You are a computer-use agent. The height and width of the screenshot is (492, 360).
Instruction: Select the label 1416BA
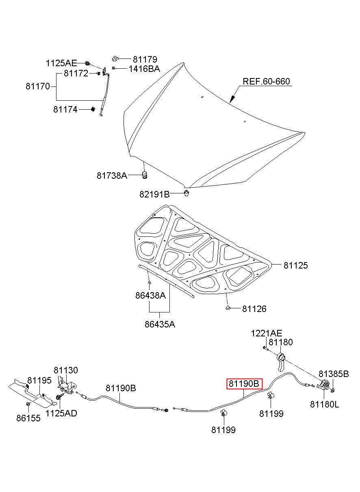tap(144, 69)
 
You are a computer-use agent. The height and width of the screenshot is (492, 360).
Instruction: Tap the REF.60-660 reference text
tap(266, 82)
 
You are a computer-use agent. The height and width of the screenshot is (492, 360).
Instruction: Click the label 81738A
tap(112, 176)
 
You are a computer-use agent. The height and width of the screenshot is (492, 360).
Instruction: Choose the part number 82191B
tap(155, 194)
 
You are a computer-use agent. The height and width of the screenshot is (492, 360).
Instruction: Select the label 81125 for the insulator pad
tap(296, 265)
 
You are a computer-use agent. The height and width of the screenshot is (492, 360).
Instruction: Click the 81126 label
tap(254, 309)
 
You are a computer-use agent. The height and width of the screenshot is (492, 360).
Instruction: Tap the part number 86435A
tap(160, 324)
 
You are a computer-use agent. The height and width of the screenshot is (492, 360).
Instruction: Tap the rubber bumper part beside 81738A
tap(144, 175)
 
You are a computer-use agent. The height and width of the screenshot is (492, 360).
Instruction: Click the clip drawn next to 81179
tap(115, 59)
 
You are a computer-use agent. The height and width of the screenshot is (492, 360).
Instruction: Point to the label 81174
tap(65, 109)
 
